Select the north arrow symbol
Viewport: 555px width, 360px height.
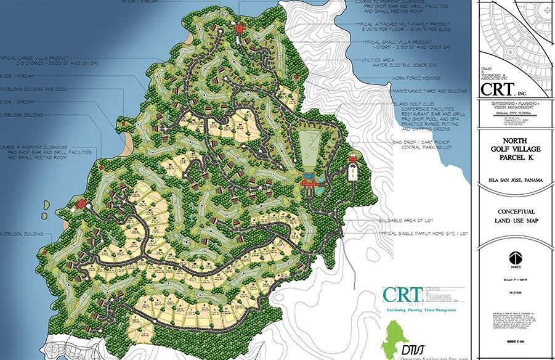[515, 258]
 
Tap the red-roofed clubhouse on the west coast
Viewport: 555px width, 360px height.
[80, 204]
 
